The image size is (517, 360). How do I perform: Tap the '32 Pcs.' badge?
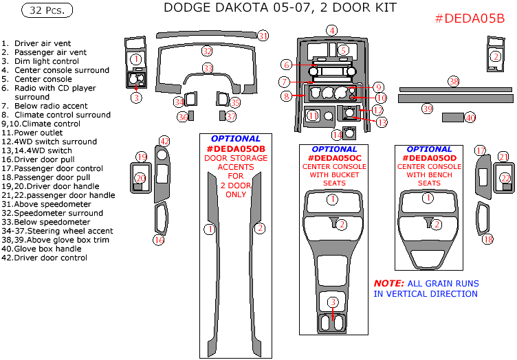point(47,10)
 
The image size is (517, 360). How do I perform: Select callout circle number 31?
point(263,36)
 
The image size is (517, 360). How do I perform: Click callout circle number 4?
point(332,30)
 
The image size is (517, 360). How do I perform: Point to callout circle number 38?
point(453,82)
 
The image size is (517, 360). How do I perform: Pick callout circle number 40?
point(470,117)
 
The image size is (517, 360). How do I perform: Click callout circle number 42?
point(164,141)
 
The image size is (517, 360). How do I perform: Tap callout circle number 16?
point(159,240)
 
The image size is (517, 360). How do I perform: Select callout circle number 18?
point(487,239)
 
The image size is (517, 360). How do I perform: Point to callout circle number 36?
point(182,117)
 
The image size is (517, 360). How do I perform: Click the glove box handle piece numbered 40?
point(452,117)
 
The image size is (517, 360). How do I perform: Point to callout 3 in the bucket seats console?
point(333,302)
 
